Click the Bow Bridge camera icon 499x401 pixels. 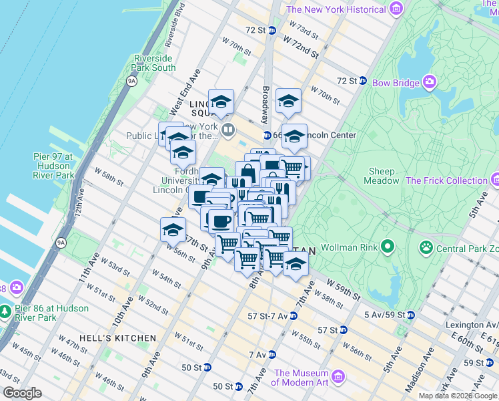tap(429, 82)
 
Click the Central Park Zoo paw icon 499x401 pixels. tap(426, 248)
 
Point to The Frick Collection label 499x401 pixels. tap(446, 180)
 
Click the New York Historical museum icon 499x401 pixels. tap(397, 9)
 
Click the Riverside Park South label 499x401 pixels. tap(155, 63)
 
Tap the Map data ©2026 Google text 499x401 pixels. tap(458, 396)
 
